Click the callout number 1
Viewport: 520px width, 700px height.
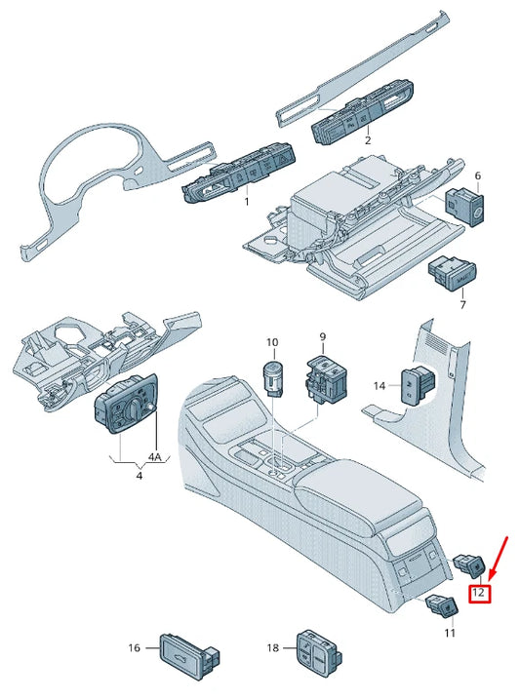click(x=246, y=202)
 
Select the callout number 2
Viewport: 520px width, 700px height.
click(x=368, y=140)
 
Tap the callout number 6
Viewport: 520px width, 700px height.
click(x=477, y=176)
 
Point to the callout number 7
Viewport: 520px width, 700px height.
click(x=462, y=305)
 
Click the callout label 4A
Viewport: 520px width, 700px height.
click(x=155, y=456)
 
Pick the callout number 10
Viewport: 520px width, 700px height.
click(x=273, y=342)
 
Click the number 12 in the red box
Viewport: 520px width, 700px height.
click(x=479, y=592)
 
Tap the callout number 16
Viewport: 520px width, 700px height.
click(x=135, y=647)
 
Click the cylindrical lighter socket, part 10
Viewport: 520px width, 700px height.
click(x=273, y=375)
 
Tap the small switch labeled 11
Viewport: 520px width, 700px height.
click(x=439, y=607)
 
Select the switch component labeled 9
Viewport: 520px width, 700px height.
click(x=326, y=379)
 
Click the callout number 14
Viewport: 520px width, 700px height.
click(x=380, y=385)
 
